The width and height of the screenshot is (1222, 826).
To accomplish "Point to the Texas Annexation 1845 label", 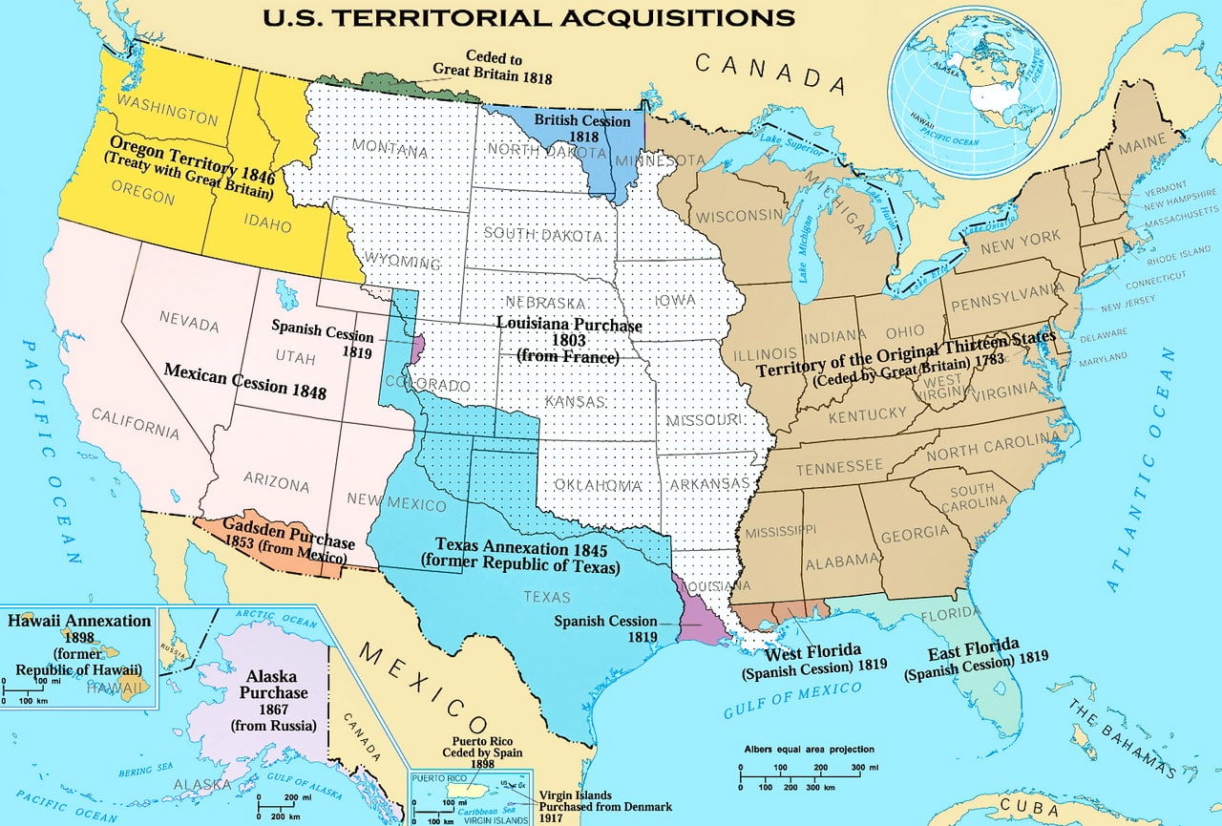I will (520, 555).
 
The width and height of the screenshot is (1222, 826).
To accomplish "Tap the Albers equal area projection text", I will (809, 750).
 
